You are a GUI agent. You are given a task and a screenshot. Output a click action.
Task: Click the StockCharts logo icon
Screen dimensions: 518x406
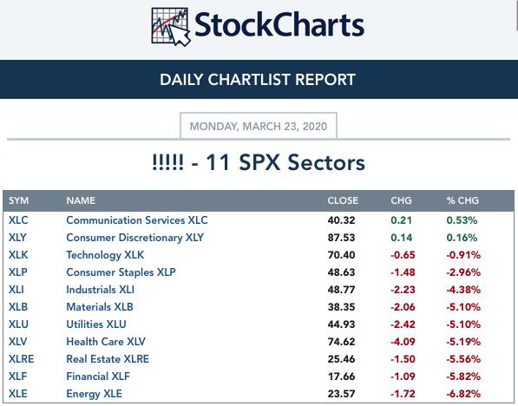click(170, 27)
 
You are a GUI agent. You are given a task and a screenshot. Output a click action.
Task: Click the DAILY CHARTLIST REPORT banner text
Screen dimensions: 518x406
click(258, 80)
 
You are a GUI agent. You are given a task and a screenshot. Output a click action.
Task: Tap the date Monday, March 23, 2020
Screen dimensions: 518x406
click(259, 126)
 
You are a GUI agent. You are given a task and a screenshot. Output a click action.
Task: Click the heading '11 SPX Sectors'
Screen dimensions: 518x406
click(285, 162)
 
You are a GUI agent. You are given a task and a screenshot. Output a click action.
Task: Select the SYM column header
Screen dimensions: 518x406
click(18, 200)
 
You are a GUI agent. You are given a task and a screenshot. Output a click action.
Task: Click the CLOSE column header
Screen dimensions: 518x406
click(343, 200)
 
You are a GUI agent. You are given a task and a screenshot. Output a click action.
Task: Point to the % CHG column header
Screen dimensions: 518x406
click(462, 200)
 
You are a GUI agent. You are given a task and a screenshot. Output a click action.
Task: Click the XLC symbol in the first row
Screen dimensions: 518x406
click(18, 220)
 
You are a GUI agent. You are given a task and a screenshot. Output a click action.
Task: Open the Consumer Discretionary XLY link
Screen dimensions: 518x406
click(134, 238)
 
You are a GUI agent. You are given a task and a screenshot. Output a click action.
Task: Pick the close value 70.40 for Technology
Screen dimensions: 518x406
click(341, 255)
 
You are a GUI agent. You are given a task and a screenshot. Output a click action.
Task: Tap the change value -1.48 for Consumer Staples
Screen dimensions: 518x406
click(403, 272)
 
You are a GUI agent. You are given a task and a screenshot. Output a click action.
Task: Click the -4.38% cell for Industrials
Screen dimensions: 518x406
click(463, 290)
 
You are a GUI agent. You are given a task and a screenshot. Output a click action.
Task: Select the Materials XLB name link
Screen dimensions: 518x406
click(100, 307)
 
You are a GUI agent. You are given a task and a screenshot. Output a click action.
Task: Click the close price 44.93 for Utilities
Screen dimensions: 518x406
click(341, 324)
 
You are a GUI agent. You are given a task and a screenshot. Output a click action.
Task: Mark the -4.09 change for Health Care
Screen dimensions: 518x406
click(403, 342)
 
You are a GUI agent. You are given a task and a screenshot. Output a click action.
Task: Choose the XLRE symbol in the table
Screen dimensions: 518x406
click(21, 359)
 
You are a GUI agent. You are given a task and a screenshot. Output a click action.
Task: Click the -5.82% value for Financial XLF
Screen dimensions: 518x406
click(463, 377)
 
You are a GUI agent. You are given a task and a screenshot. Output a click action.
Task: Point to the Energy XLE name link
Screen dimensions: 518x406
click(94, 394)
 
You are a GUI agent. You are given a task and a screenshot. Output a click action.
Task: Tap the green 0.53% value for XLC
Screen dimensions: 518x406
click(462, 220)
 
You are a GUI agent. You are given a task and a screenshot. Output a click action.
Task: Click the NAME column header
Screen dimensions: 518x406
click(81, 200)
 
